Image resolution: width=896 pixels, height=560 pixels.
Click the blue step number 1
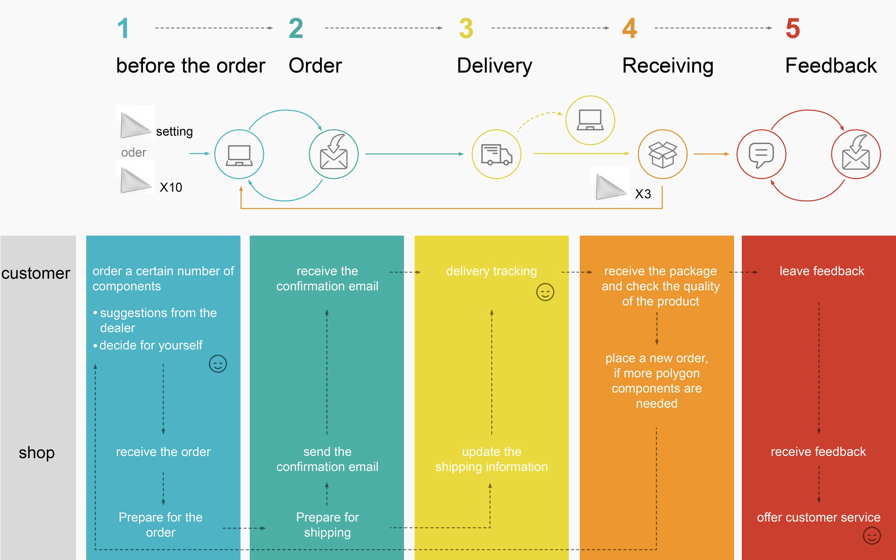point(123,28)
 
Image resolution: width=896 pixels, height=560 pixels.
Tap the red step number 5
point(793,28)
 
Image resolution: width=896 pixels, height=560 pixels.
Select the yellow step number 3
point(466,28)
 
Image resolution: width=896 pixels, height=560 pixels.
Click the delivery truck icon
point(496,154)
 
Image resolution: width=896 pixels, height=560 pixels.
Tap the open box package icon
point(662,155)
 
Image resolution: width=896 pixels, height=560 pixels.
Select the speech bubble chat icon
point(761,155)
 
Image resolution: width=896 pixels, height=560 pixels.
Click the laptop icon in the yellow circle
point(590,120)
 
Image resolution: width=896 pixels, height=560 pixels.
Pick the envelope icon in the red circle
point(856,152)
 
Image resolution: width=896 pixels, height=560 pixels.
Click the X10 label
point(171,188)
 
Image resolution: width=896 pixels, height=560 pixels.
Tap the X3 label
point(643,194)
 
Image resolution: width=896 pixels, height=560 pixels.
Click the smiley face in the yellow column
point(545,292)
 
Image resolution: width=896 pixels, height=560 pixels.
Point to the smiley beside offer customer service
point(872,536)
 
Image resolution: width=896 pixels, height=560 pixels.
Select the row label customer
point(35,273)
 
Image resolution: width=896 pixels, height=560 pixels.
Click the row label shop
point(37,452)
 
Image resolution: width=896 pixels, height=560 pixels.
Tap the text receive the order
point(163,452)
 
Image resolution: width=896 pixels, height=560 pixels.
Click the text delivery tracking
point(491,271)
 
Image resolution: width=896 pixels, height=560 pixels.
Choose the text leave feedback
point(821,271)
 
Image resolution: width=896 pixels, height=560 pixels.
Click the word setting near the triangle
point(175,132)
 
